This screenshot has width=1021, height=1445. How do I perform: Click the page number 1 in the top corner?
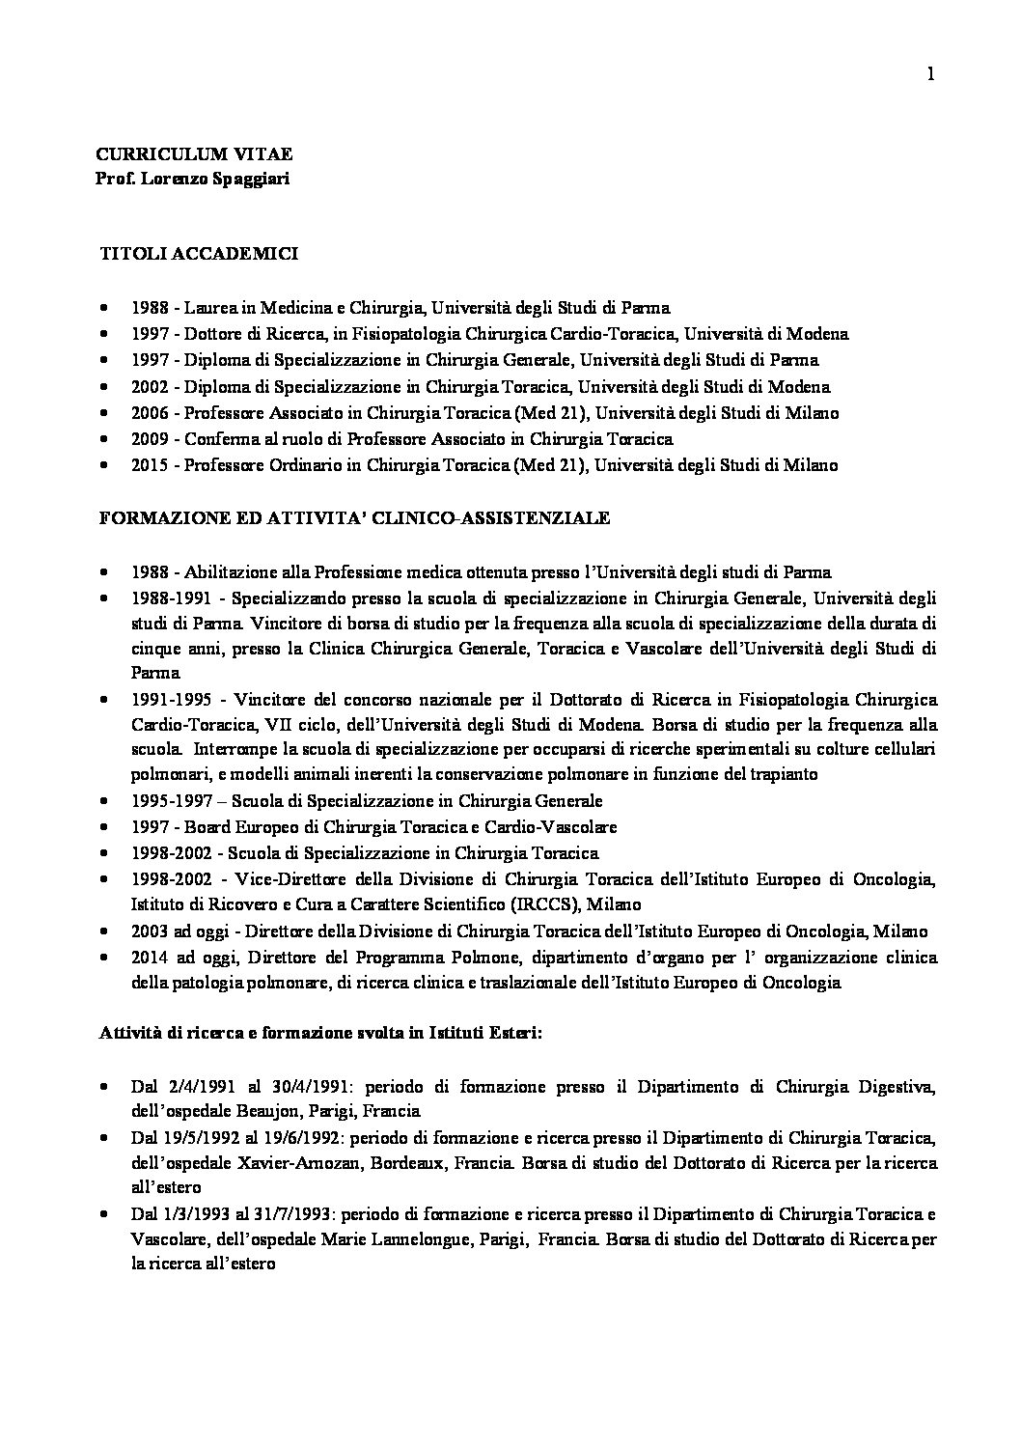930,74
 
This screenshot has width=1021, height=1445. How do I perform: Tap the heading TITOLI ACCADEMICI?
200,255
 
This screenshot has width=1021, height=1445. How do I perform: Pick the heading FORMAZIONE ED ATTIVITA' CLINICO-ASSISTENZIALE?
355,518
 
